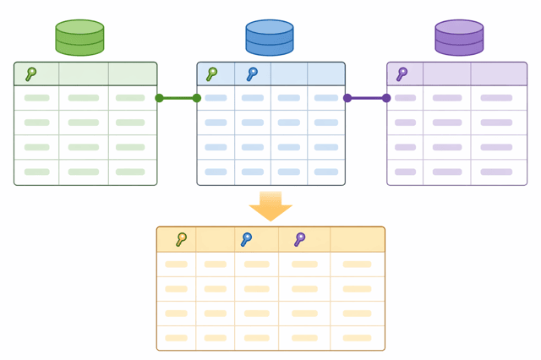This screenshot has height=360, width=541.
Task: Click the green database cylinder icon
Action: (79, 38)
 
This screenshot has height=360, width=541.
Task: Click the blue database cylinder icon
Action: (270, 38)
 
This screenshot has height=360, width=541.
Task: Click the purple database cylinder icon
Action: (459, 38)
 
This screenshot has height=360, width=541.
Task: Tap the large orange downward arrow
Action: (270, 206)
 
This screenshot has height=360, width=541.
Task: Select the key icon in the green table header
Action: (31, 74)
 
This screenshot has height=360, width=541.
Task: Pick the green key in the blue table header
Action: (212, 74)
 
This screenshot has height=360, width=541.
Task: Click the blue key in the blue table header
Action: (252, 74)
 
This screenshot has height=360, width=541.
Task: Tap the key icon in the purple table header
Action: (402, 74)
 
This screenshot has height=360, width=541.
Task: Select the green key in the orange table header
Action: (181, 240)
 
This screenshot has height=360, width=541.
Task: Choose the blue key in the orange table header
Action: (246, 240)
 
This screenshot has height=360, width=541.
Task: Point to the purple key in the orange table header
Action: (299, 240)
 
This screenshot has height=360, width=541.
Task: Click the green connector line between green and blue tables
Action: (178, 98)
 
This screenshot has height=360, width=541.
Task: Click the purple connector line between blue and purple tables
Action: (367, 98)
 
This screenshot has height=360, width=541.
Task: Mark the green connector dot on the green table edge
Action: (159, 98)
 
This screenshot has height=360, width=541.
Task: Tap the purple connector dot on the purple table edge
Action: (386, 98)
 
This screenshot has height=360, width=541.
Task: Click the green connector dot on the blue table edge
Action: (197, 98)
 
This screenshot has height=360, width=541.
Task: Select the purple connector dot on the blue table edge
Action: (347, 98)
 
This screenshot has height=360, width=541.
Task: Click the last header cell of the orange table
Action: (357, 240)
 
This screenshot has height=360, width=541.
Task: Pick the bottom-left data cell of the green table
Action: (36, 172)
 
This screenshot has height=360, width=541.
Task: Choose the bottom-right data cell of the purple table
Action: (497, 172)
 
